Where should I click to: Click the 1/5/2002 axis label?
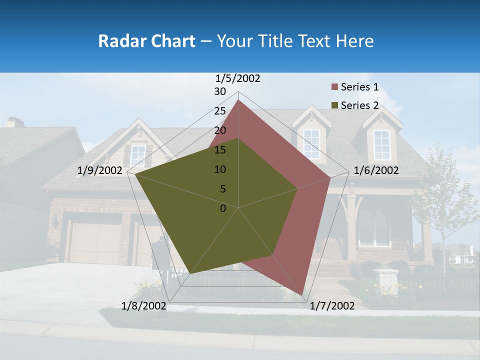click(237, 78)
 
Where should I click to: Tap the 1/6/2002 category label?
click(376, 170)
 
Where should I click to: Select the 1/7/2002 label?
click(332, 306)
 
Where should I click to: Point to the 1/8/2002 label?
click(143, 306)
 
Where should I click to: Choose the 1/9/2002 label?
click(100, 170)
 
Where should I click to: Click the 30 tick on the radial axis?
click(220, 91)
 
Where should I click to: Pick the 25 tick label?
click(220, 111)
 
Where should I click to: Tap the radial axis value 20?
click(220, 130)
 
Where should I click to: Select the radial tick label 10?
click(220, 169)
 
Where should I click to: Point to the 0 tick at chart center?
click(223, 208)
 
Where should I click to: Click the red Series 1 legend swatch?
click(334, 87)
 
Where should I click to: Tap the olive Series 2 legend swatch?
click(334, 105)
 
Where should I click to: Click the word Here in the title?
click(354, 41)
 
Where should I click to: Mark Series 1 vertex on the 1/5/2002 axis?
click(238, 100)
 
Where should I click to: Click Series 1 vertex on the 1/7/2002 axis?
click(302, 295)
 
